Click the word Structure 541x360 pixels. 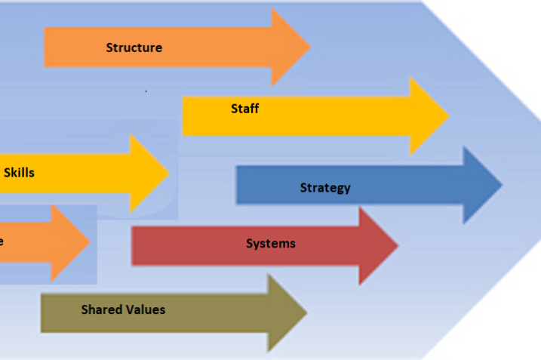point(134,48)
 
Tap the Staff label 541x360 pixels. point(244,109)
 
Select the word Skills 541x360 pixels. point(19,172)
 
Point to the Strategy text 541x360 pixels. point(325,187)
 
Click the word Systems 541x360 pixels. point(270,244)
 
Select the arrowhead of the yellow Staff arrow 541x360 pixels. point(428,115)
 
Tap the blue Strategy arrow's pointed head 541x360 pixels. point(481,186)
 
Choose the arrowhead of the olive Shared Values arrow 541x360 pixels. point(286,312)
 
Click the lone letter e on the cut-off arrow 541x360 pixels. point(2,242)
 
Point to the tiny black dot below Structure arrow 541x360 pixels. point(146,91)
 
